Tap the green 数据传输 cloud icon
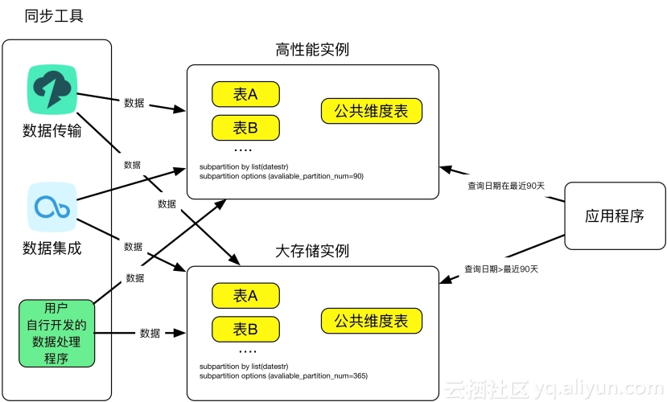pyautogui.click(x=53, y=89)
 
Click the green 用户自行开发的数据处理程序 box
pyautogui.click(x=56, y=332)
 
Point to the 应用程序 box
pyautogui.click(x=615, y=216)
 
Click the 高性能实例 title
pyautogui.click(x=312, y=50)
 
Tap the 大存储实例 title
pyautogui.click(x=312, y=251)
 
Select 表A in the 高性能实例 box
pyautogui.click(x=245, y=94)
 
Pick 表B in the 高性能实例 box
pyautogui.click(x=245, y=127)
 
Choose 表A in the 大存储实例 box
pyautogui.click(x=245, y=296)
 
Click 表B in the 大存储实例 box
pyautogui.click(x=245, y=328)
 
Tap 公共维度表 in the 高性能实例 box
pyautogui.click(x=371, y=111)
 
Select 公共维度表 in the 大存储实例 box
pyautogui.click(x=371, y=321)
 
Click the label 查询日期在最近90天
pyautogui.click(x=506, y=186)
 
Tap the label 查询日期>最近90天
pyautogui.click(x=500, y=269)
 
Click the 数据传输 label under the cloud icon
pyautogui.click(x=52, y=131)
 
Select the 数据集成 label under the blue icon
pyautogui.click(x=52, y=248)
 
